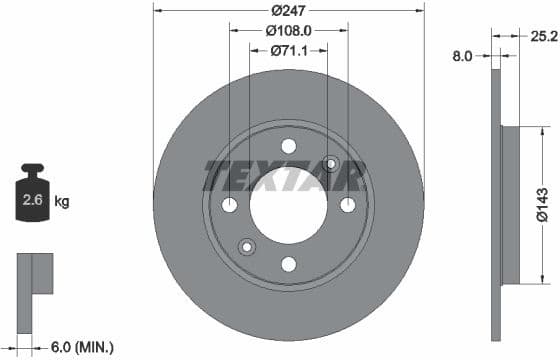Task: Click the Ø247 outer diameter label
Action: click(x=289, y=10)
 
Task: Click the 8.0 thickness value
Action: click(x=463, y=57)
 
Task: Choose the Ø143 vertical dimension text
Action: click(x=541, y=204)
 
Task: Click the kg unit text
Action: click(x=62, y=202)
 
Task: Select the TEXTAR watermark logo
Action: click(x=284, y=177)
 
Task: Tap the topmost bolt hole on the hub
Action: click(x=289, y=146)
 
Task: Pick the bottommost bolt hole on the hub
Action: click(x=289, y=264)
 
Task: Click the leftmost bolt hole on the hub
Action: click(x=230, y=205)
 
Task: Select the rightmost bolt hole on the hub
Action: click(x=348, y=205)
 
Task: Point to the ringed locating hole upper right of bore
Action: click(x=333, y=163)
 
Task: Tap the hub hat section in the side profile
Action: click(x=510, y=205)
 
